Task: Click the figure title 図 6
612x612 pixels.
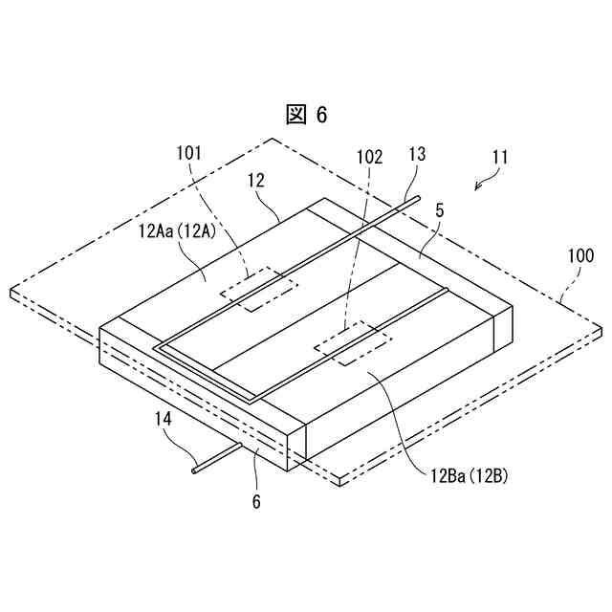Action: point(307,115)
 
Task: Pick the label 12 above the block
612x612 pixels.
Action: point(254,180)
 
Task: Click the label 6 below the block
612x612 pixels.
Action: point(256,499)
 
